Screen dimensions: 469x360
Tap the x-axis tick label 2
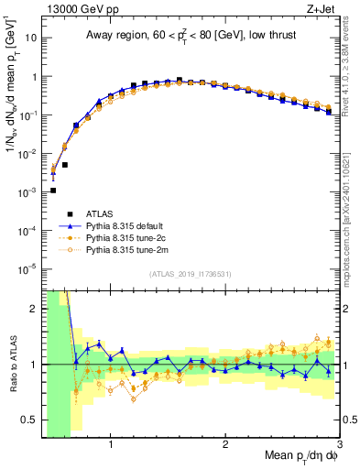[225, 445]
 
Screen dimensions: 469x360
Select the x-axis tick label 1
[111, 445]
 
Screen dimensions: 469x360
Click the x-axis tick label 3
[339, 445]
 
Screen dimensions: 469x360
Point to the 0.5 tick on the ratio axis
[31, 420]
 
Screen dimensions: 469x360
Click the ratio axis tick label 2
[35, 309]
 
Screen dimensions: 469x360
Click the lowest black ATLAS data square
[53, 191]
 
